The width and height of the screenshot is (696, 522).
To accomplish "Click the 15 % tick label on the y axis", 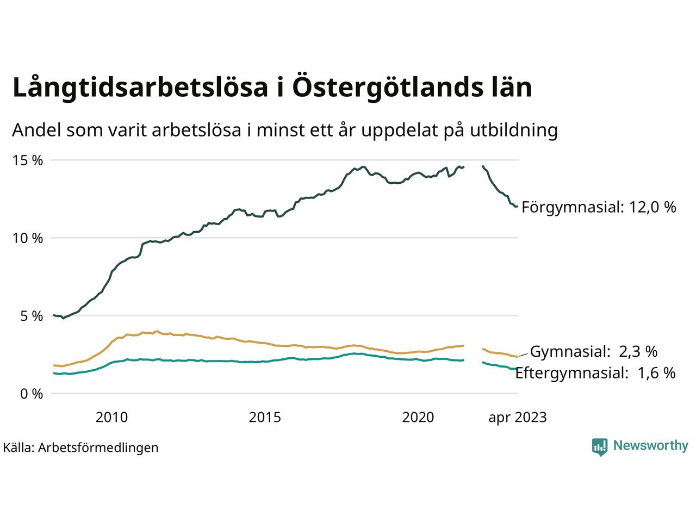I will click(x=28, y=160).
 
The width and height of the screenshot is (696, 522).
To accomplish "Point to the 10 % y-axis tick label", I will click(x=28, y=238).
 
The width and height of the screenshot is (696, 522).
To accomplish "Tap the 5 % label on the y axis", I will click(x=32, y=316).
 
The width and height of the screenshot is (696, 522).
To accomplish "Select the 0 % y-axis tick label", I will click(x=32, y=394).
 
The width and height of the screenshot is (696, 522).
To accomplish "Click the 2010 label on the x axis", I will click(x=111, y=418).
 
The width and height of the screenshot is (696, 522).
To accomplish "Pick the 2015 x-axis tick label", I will click(x=265, y=418).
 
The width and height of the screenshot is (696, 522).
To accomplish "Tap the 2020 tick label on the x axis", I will click(x=418, y=418).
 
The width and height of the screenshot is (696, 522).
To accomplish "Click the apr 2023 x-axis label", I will click(x=517, y=418).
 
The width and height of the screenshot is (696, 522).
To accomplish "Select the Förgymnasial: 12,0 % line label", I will click(x=599, y=207).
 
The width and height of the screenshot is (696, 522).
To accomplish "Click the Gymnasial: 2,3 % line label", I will click(x=594, y=352).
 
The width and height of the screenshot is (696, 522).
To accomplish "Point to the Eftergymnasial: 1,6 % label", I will click(x=595, y=373).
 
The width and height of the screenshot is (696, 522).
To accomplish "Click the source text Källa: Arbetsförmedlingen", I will click(x=80, y=448).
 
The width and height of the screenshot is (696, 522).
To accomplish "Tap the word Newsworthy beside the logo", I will click(x=650, y=446).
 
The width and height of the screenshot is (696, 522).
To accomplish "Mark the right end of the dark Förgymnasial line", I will click(x=516, y=206).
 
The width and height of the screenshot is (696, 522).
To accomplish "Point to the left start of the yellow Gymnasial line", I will click(x=54, y=365).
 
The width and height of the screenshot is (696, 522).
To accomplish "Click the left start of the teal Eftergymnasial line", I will click(x=54, y=373).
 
